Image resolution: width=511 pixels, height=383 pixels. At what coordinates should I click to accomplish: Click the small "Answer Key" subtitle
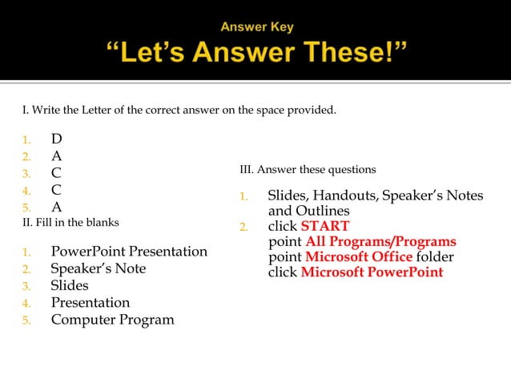pyautogui.click(x=257, y=27)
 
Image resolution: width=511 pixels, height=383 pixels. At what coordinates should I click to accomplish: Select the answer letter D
pyautogui.click(x=57, y=139)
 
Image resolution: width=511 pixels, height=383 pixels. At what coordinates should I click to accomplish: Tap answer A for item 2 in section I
pyautogui.click(x=57, y=156)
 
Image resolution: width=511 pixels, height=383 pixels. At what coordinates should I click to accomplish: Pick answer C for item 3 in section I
pyautogui.click(x=57, y=173)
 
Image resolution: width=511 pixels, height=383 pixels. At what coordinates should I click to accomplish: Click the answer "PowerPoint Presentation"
pyautogui.click(x=129, y=252)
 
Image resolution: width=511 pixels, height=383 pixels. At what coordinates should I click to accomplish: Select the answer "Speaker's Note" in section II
pyautogui.click(x=99, y=268)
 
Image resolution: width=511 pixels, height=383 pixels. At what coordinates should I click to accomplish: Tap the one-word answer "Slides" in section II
pyautogui.click(x=70, y=285)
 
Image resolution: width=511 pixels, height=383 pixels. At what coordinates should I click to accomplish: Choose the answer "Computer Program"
pyautogui.click(x=112, y=320)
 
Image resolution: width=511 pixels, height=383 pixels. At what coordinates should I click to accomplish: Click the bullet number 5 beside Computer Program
pyautogui.click(x=26, y=321)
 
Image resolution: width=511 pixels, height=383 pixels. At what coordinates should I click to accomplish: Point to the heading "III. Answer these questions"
pyautogui.click(x=308, y=170)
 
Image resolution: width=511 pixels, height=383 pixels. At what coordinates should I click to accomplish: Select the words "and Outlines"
pyautogui.click(x=308, y=211)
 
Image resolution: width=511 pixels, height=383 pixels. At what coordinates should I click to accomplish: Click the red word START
pyautogui.click(x=324, y=226)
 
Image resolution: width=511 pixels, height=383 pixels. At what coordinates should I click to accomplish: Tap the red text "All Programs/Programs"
pyautogui.click(x=380, y=241)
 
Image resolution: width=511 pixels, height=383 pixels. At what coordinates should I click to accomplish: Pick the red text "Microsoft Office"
pyautogui.click(x=359, y=256)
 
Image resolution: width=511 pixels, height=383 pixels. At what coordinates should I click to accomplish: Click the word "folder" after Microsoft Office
pyautogui.click(x=435, y=256)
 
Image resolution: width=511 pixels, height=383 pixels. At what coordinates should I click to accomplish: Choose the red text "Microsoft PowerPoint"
pyautogui.click(x=372, y=272)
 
